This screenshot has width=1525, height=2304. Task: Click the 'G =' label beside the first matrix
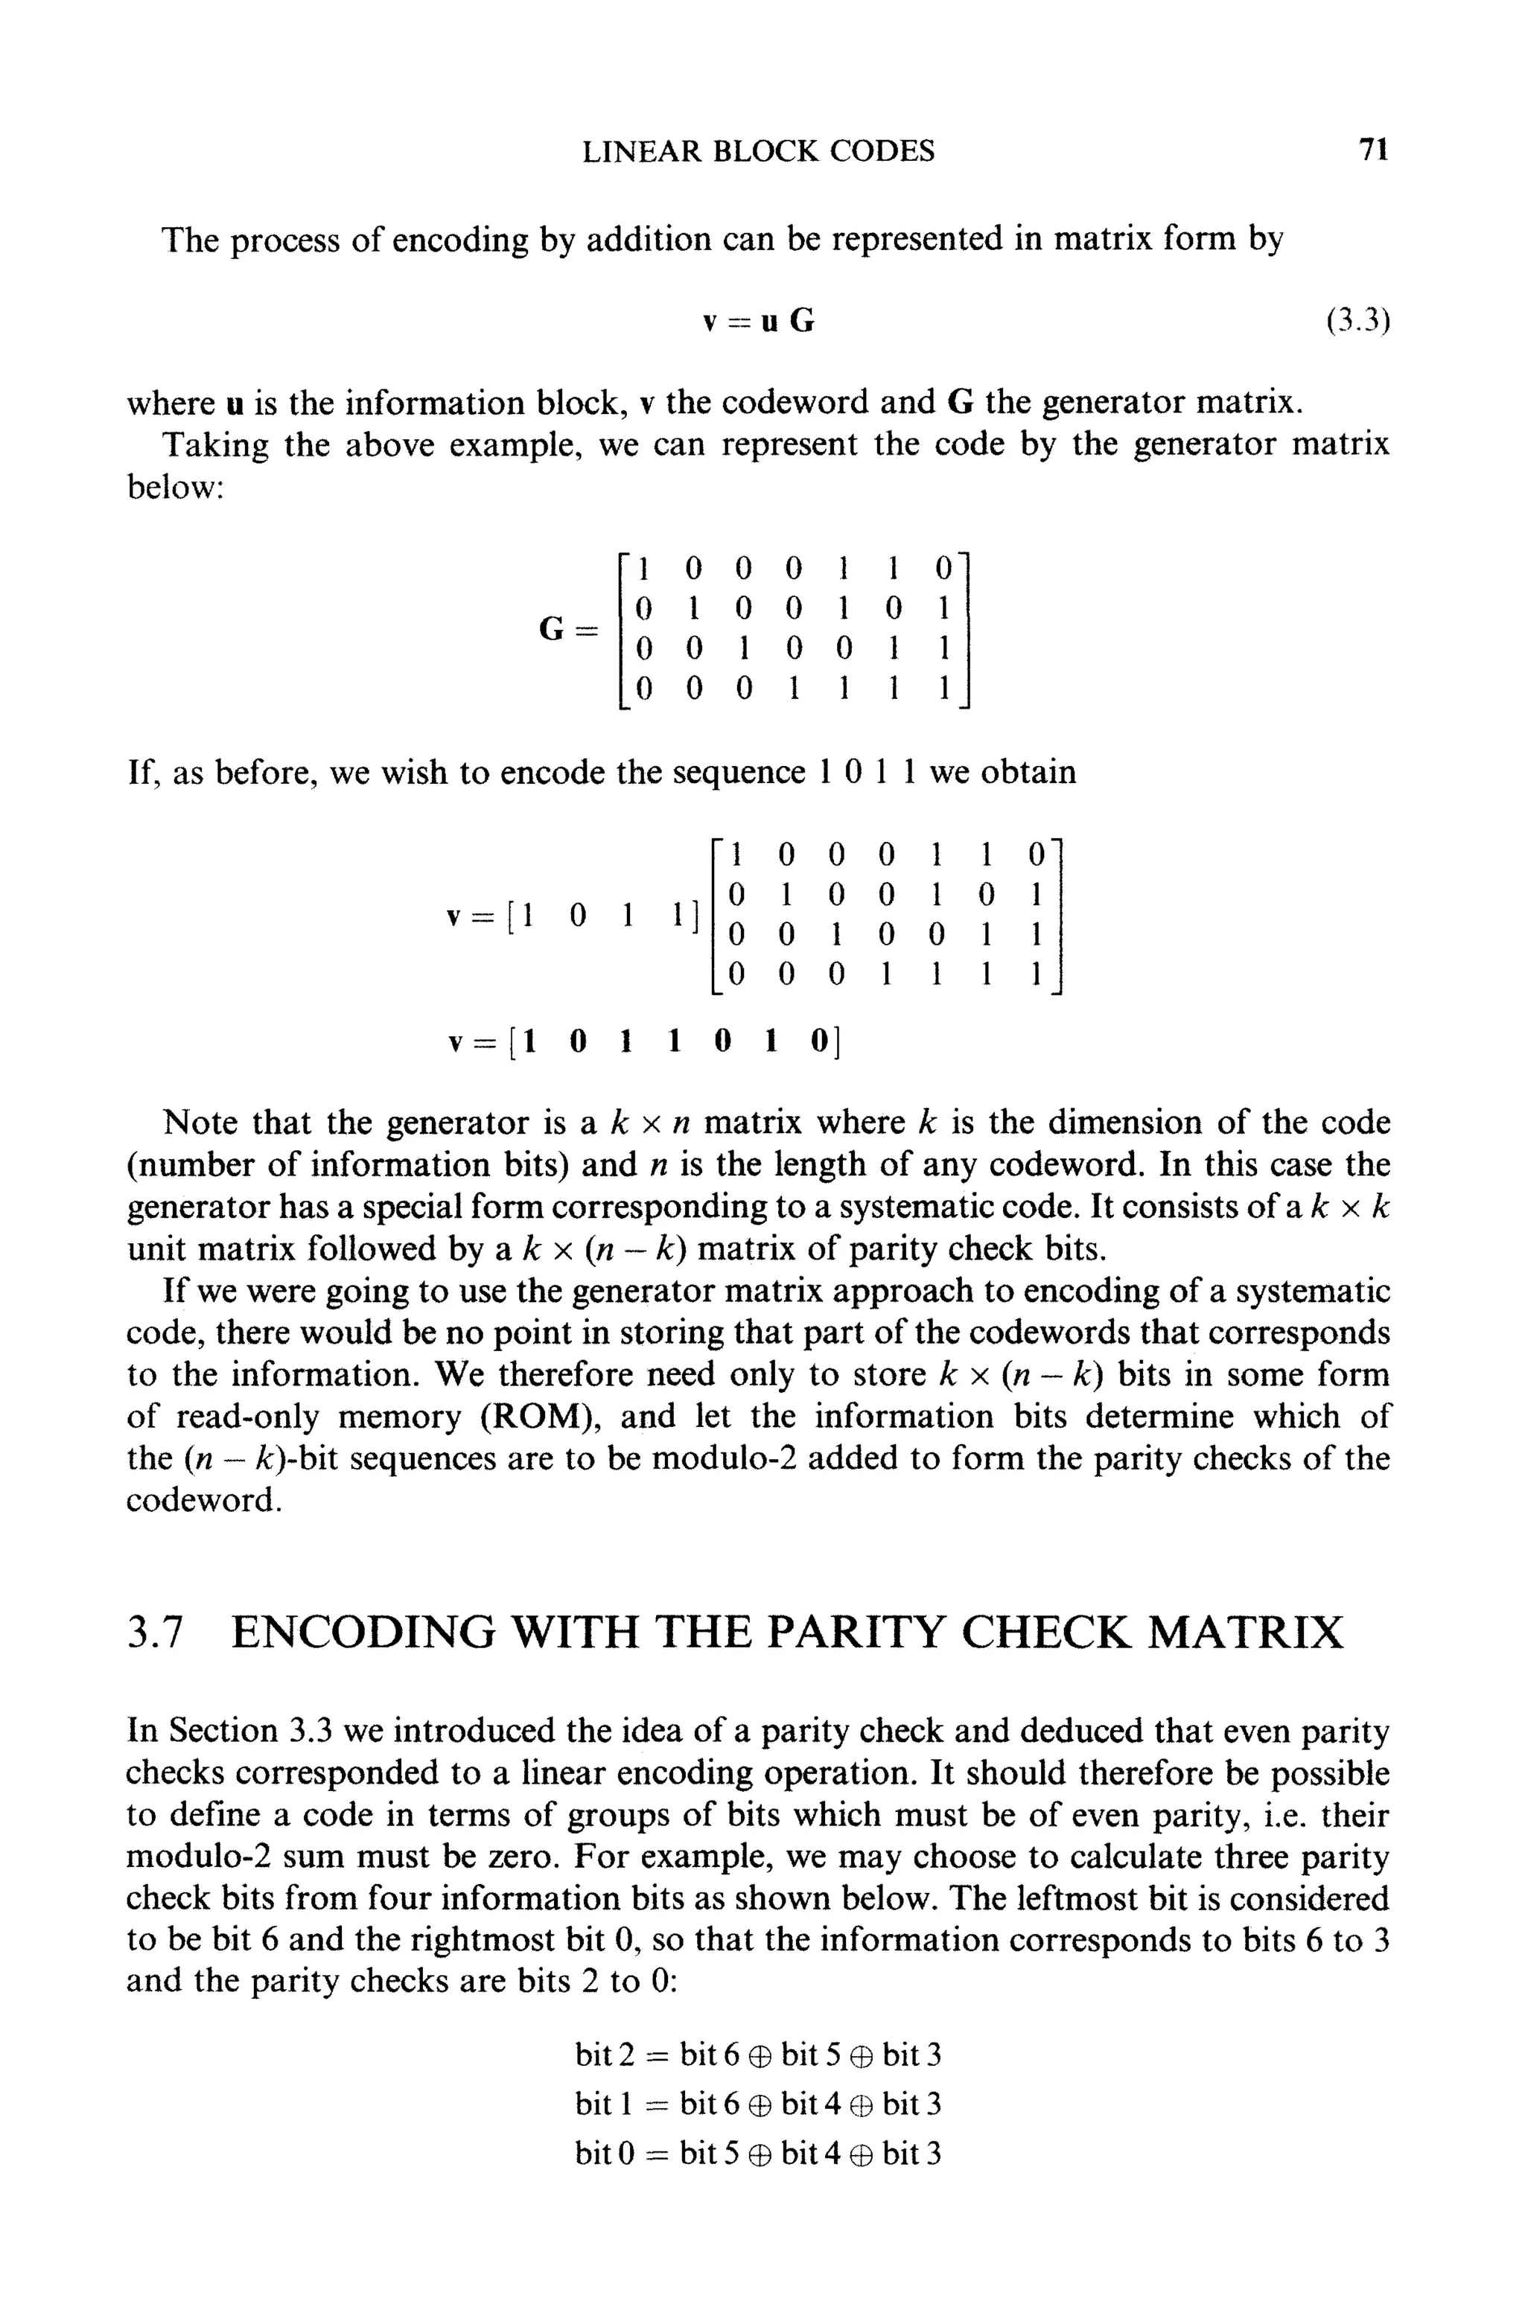click(566, 629)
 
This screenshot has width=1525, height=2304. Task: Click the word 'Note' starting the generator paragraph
click(201, 1123)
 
